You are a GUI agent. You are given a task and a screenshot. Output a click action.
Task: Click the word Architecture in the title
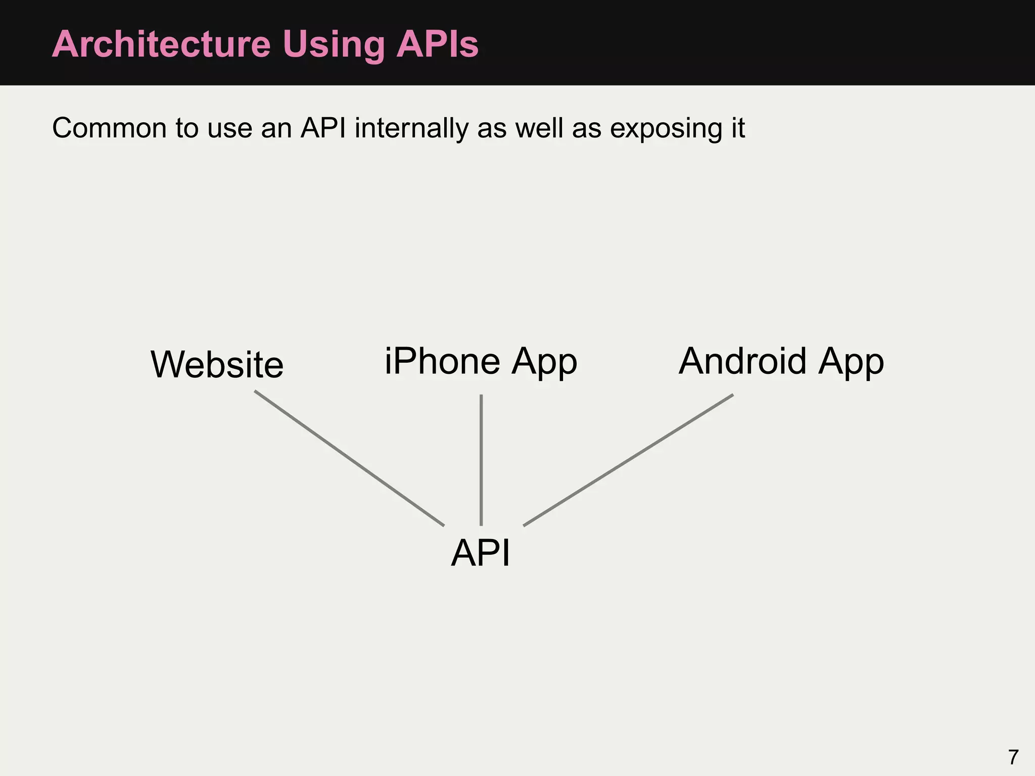coord(161,44)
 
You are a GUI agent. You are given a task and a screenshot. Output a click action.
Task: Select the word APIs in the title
coord(437,44)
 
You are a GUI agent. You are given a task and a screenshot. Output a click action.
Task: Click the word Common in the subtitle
coord(109,128)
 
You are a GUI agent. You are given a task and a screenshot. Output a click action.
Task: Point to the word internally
coord(411,128)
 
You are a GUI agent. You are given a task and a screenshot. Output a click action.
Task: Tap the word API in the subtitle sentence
coord(323,128)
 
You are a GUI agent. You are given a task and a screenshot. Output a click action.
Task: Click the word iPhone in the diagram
coord(442,362)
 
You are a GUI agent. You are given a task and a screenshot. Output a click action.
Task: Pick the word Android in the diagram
coord(742,362)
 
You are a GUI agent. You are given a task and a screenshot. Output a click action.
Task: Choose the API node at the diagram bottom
coord(480,553)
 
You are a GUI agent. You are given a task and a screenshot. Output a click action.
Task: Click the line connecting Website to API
coord(349,458)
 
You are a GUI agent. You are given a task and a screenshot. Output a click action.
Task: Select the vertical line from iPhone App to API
coord(481,460)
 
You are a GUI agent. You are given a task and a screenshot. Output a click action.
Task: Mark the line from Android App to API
coord(628,460)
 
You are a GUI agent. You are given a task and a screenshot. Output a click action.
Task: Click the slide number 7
coord(1013,757)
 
